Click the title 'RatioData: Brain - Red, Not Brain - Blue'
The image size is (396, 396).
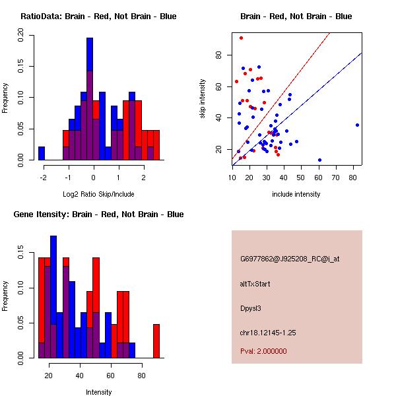tap(98, 16)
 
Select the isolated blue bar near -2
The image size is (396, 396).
tap(42, 153)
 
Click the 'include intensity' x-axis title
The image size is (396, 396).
tap(296, 194)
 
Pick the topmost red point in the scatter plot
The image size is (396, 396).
tap(241, 38)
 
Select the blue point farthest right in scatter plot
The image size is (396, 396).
tap(357, 125)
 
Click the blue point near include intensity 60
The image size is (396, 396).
tap(319, 160)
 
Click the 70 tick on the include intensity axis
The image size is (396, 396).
tap(336, 177)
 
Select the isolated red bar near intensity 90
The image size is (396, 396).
tap(156, 341)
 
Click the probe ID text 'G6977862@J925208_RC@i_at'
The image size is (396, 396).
tap(290, 259)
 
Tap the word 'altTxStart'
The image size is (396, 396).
tap(255, 284)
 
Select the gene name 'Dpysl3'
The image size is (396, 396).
tap(251, 308)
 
